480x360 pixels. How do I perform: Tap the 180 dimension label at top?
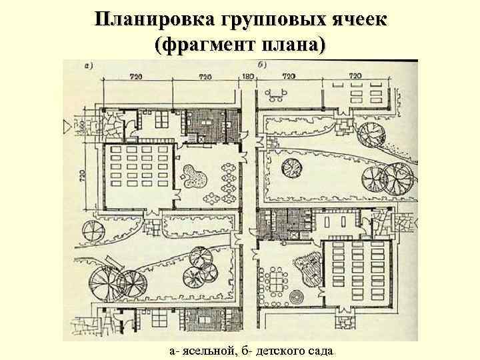click(x=248, y=77)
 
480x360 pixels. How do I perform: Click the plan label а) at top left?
click(x=88, y=65)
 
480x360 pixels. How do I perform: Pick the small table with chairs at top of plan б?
click(x=280, y=91)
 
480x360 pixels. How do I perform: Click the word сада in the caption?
click(x=324, y=351)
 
